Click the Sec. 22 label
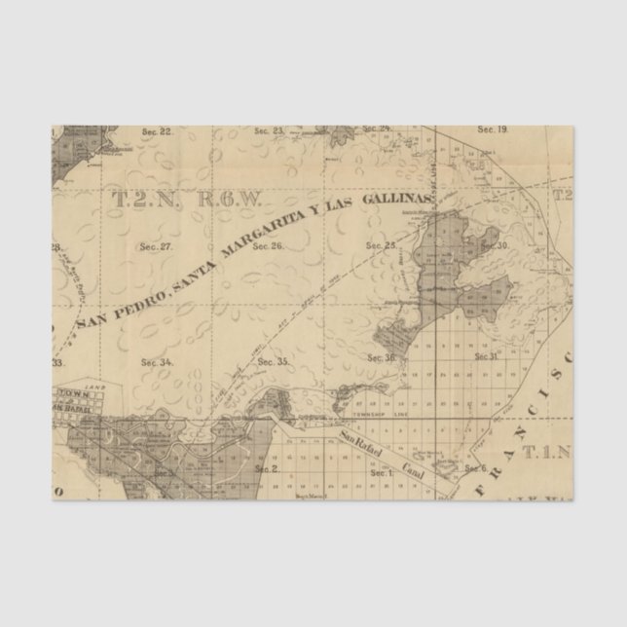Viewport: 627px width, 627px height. pos(157,131)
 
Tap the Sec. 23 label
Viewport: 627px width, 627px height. pos(269,130)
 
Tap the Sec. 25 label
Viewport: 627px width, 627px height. pos(382,245)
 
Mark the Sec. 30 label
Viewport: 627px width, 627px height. pos(496,245)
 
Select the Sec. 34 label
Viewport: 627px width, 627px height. pos(157,362)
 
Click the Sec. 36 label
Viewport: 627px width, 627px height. pos(382,358)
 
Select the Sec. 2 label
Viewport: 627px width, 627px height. pos(267,469)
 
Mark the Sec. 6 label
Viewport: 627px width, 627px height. pos(475,468)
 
